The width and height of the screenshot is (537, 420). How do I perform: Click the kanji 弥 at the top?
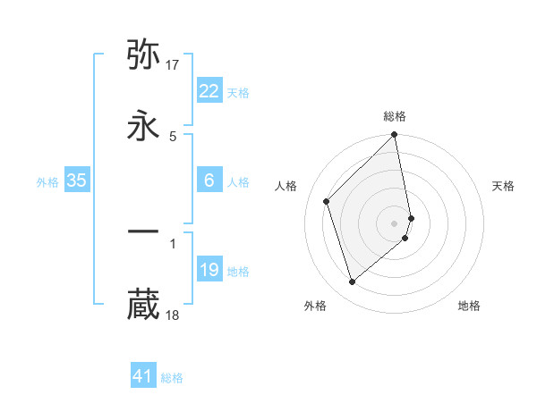click(143, 55)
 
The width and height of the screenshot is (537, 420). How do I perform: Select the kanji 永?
click(143, 126)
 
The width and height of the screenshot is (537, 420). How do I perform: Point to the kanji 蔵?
click(143, 304)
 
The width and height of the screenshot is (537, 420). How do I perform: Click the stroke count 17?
click(174, 64)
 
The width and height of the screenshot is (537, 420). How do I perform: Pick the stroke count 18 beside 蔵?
click(174, 315)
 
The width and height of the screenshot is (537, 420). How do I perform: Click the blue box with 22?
click(209, 91)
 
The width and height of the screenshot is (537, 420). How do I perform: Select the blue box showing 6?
click(209, 181)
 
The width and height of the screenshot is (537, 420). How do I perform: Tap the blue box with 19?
click(209, 270)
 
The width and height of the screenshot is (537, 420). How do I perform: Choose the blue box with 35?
click(77, 181)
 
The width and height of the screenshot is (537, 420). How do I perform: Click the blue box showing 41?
click(143, 376)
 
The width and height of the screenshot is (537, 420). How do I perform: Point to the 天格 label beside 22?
click(238, 93)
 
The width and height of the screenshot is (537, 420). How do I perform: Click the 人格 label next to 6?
click(238, 182)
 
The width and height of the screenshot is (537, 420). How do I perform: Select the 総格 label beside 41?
click(172, 378)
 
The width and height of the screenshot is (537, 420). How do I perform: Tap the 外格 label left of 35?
click(47, 182)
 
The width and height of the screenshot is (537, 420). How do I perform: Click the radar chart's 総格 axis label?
click(395, 116)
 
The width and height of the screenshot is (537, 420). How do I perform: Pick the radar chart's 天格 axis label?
click(503, 186)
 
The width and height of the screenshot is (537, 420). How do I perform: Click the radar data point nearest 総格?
click(395, 136)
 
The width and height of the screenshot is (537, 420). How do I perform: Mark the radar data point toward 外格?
click(352, 282)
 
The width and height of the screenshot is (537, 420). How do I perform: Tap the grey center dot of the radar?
click(395, 223)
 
